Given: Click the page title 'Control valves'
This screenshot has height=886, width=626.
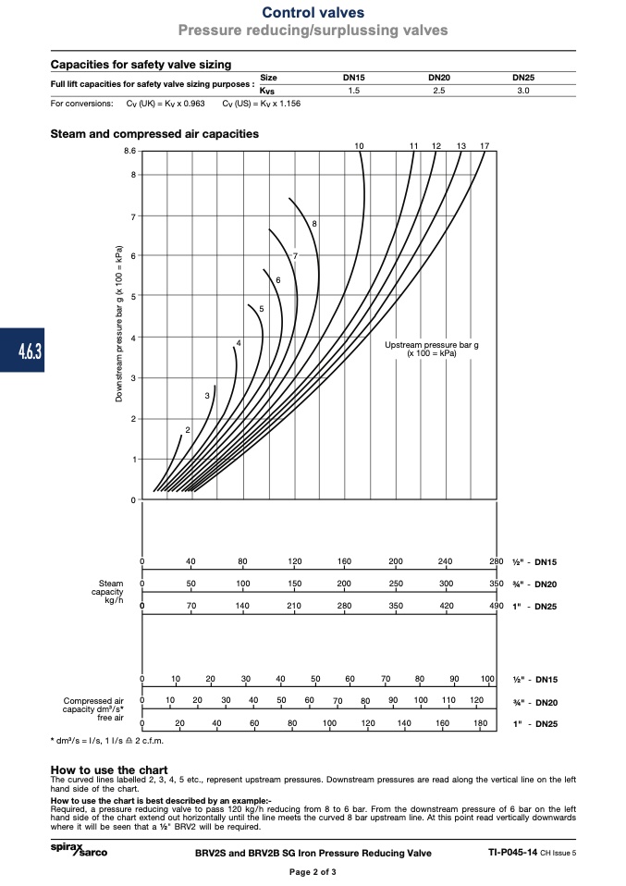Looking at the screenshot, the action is tap(313, 12).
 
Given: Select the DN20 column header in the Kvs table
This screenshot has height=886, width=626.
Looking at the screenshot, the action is tap(439, 78).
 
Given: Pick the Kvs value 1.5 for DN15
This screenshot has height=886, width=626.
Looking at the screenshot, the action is tap(353, 91).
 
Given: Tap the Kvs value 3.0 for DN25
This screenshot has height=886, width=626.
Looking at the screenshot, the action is tap(523, 91).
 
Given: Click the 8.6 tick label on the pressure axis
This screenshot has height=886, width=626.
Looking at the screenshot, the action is tap(130, 151).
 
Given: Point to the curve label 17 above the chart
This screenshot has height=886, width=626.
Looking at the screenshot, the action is tap(485, 146).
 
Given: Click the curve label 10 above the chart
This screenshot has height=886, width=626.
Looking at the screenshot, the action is tap(360, 146).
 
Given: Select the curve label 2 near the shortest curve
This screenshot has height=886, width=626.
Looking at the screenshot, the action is tap(188, 430).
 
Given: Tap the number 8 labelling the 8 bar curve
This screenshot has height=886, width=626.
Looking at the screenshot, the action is tap(314, 224).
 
